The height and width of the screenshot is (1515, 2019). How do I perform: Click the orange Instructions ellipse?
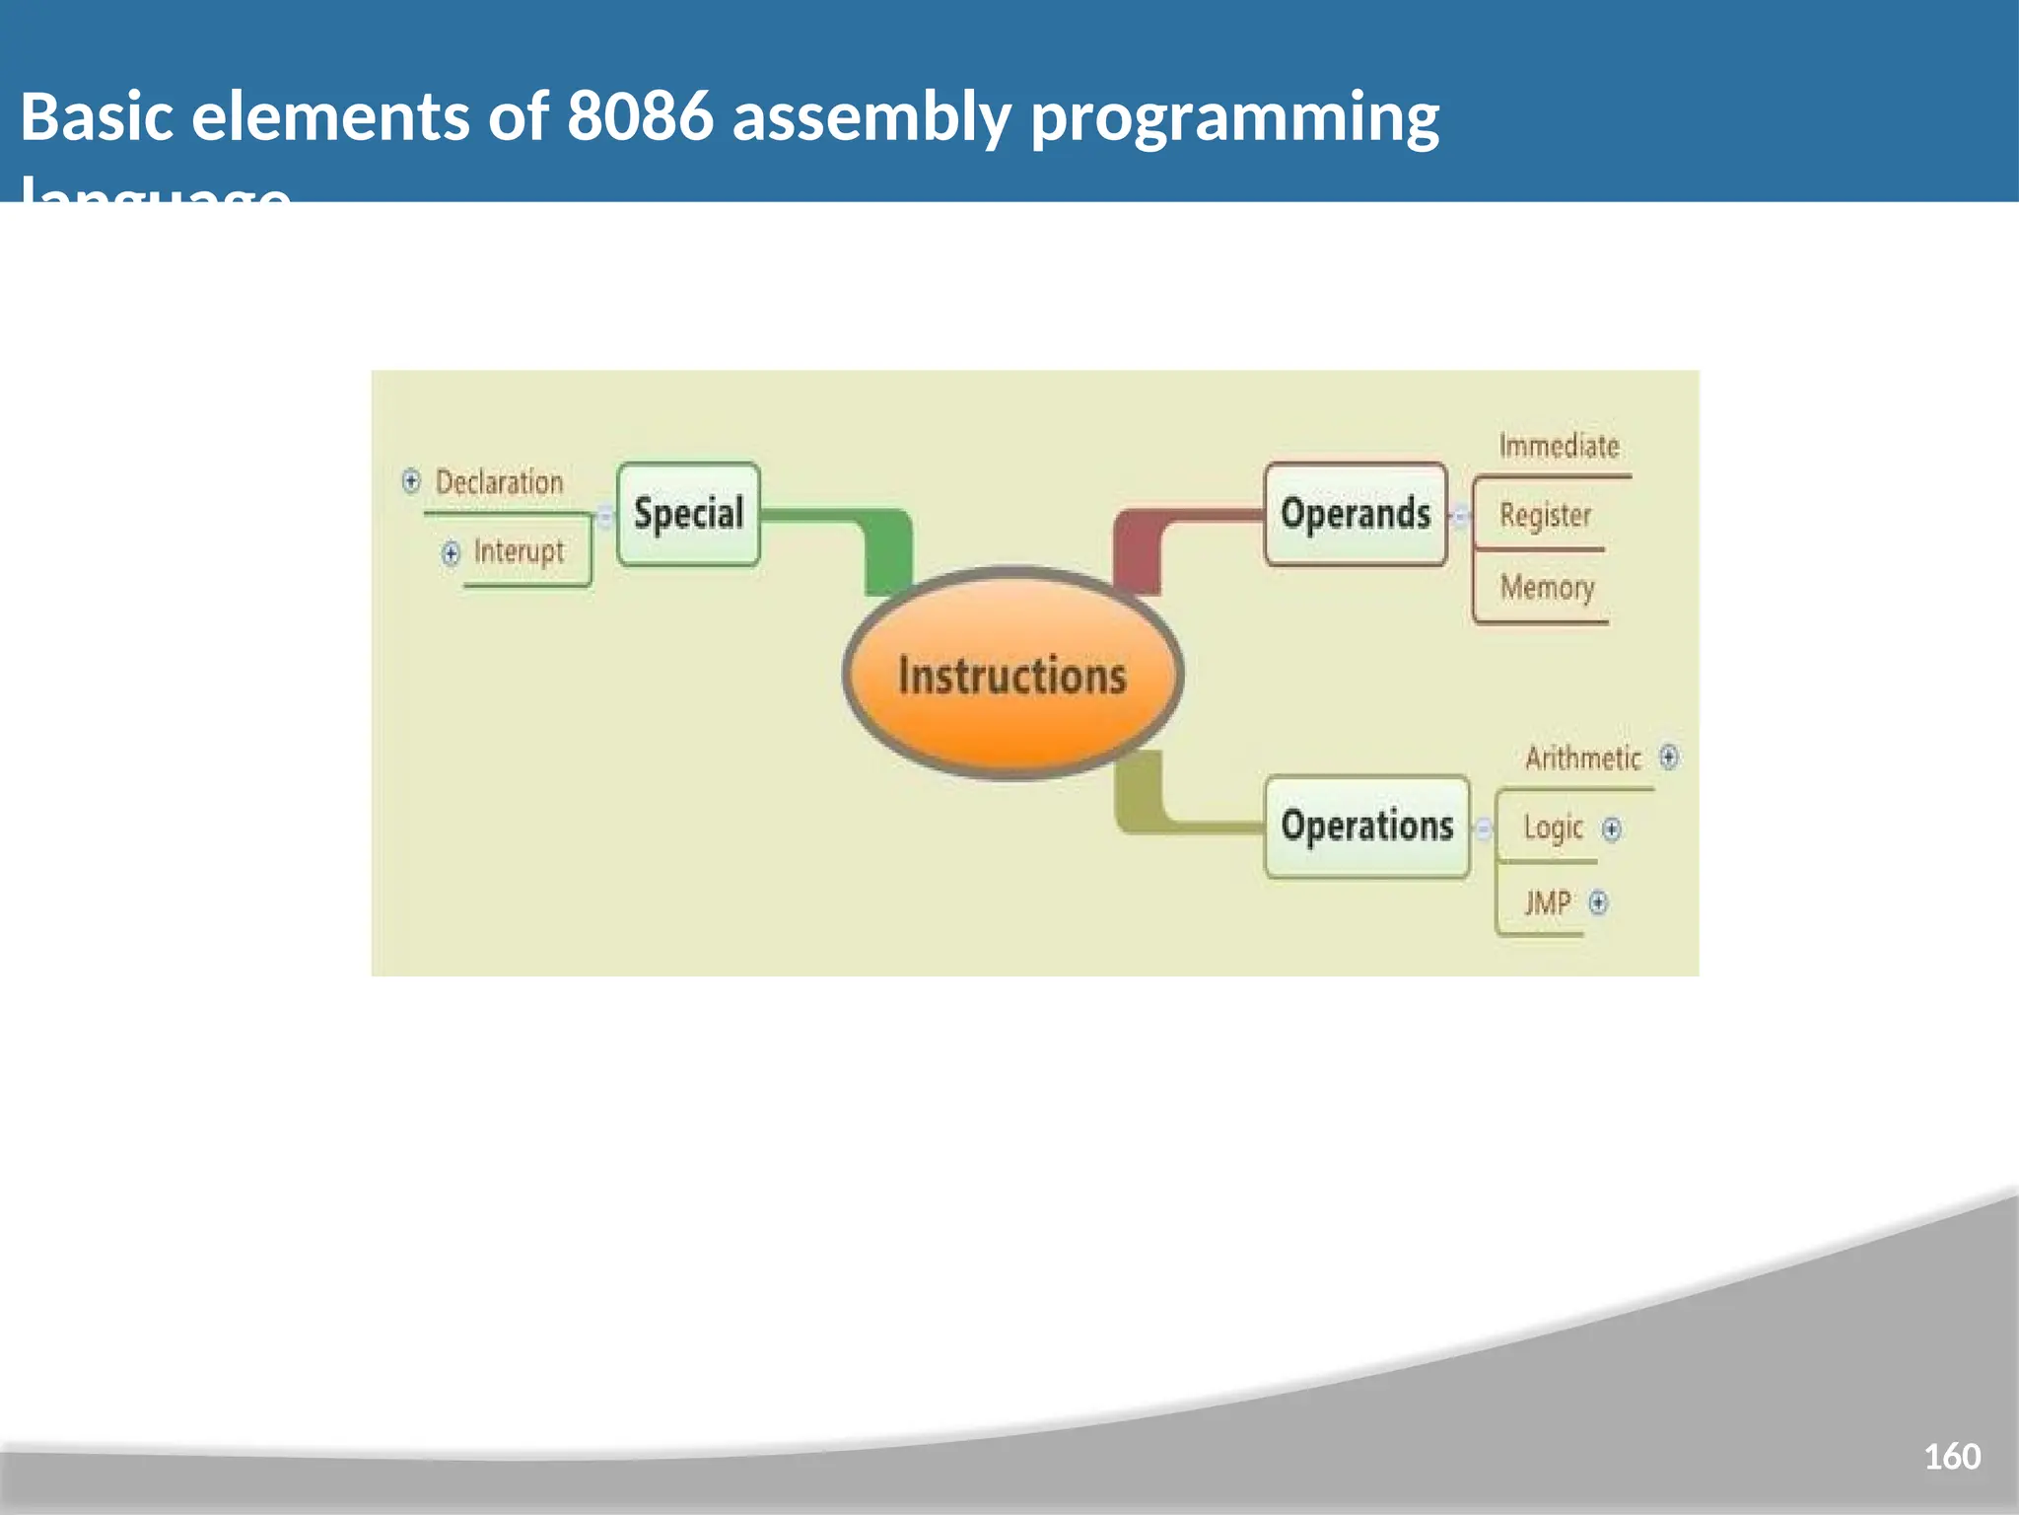click(1012, 675)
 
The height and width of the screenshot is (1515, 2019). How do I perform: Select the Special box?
click(688, 514)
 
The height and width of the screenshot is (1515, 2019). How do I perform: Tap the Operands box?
click(1356, 514)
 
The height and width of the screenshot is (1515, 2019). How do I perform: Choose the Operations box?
click(1367, 827)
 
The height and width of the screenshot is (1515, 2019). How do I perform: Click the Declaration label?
click(499, 482)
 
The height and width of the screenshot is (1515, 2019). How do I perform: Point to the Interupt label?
click(519, 551)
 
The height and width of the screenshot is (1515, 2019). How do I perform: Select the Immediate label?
click(1559, 446)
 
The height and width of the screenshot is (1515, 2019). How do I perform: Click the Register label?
click(1545, 515)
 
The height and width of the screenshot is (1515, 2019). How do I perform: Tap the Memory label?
click(1547, 588)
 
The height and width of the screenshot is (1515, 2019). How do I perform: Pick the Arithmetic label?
click(1582, 757)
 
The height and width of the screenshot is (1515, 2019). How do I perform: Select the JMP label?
click(1548, 902)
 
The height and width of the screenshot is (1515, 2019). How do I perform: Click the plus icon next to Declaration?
click(411, 481)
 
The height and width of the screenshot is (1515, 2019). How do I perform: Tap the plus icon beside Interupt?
click(451, 552)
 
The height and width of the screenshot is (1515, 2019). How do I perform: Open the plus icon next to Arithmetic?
click(1668, 757)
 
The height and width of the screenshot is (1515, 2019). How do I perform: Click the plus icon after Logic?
click(1611, 829)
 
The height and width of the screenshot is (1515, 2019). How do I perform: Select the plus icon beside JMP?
click(1598, 902)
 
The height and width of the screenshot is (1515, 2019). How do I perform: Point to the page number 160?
click(1951, 1456)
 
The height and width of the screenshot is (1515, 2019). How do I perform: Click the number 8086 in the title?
click(639, 116)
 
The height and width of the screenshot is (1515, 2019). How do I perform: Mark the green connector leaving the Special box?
click(868, 533)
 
